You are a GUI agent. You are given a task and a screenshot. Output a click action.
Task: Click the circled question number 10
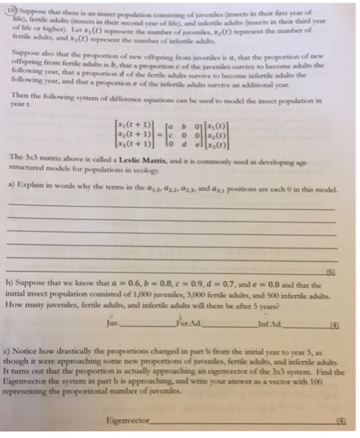[9, 9]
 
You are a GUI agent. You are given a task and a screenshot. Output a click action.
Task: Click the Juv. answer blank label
[115, 323]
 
